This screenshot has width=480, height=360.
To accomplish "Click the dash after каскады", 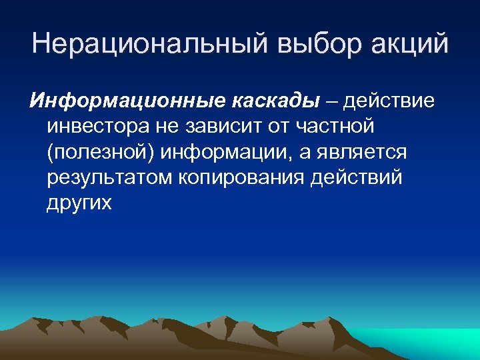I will pyautogui.click(x=331, y=102).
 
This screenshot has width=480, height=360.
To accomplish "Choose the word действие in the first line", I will pyautogui.click(x=389, y=101).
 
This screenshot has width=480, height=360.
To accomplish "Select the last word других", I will pyautogui.click(x=79, y=203).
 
